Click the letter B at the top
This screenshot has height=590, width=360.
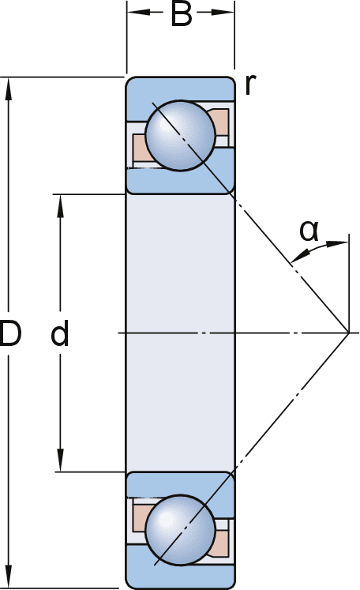pyautogui.click(x=182, y=14)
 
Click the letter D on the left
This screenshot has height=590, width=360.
pyautogui.click(x=10, y=333)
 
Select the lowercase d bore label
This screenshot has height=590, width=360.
pyautogui.click(x=60, y=333)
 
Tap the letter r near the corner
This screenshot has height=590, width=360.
pyautogui.click(x=250, y=85)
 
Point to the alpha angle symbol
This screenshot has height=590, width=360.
pyautogui.click(x=309, y=231)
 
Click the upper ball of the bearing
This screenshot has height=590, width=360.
pyautogui.click(x=180, y=136)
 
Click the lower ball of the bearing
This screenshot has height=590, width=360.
pyautogui.click(x=180, y=530)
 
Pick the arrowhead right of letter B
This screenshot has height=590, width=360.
pyautogui.click(x=223, y=12)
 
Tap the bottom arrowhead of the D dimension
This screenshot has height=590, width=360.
pyautogui.click(x=8, y=577)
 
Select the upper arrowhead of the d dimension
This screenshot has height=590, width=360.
pyautogui.click(x=60, y=206)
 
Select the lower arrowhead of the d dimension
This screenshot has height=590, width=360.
pyautogui.click(x=60, y=460)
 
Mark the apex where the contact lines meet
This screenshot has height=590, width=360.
pyautogui.click(x=349, y=333)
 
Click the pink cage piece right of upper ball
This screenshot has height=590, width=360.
pyautogui.click(x=219, y=122)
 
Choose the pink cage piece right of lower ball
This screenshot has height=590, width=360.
pyautogui.click(x=219, y=543)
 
